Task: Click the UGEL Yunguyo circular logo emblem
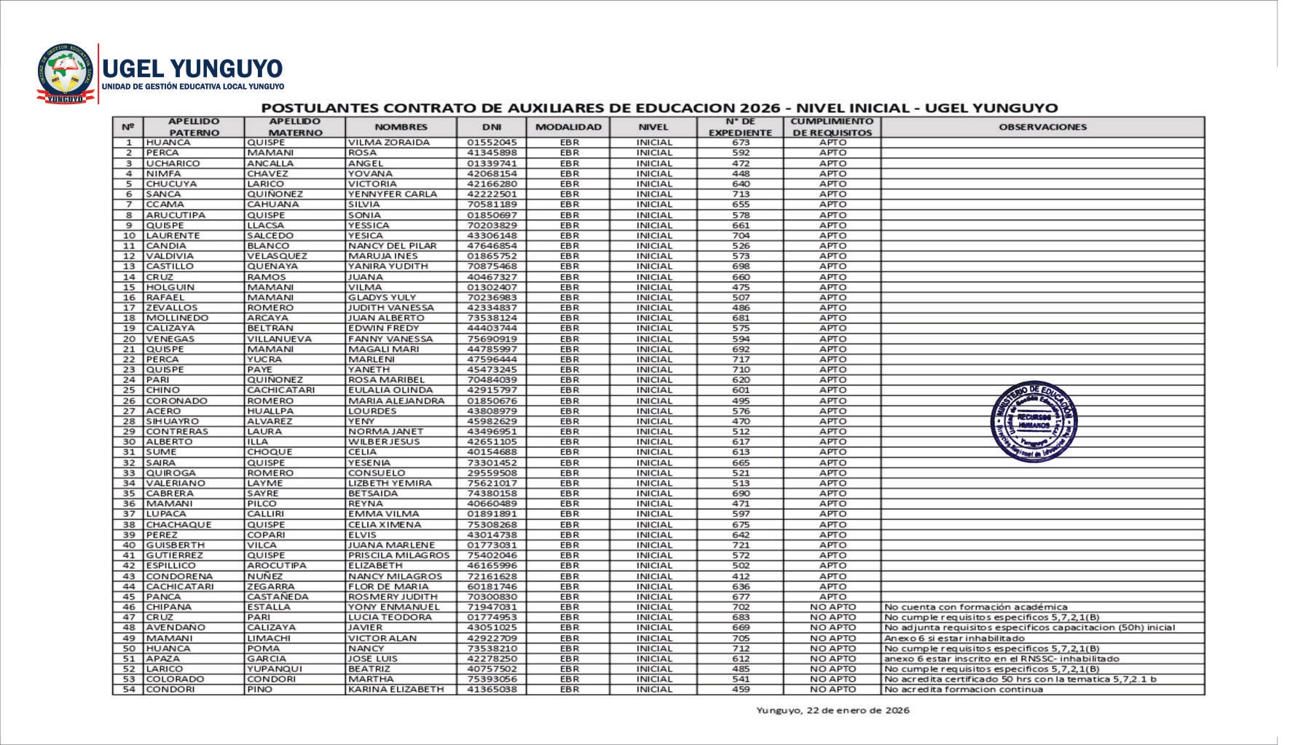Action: click(x=66, y=74)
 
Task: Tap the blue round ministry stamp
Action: click(x=1034, y=422)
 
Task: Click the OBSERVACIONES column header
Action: click(x=1042, y=127)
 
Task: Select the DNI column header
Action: click(x=492, y=127)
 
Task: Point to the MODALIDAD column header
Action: click(x=568, y=127)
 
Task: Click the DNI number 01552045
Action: click(x=492, y=143)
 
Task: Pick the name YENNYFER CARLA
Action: click(x=393, y=194)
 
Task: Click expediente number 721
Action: click(x=740, y=545)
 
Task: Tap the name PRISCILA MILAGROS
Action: click(x=398, y=555)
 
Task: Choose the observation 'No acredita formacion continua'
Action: click(x=963, y=689)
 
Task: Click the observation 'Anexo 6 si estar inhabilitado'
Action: click(x=954, y=638)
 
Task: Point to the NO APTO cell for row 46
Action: click(x=833, y=607)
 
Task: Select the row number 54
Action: click(x=129, y=689)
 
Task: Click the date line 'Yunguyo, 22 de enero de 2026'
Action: click(x=833, y=710)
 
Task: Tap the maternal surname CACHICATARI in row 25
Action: click(x=280, y=390)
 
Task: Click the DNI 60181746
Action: click(x=492, y=586)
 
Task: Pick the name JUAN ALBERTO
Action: click(x=386, y=318)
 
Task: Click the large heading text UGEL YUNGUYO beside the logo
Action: click(x=192, y=69)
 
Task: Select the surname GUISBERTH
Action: click(x=176, y=545)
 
